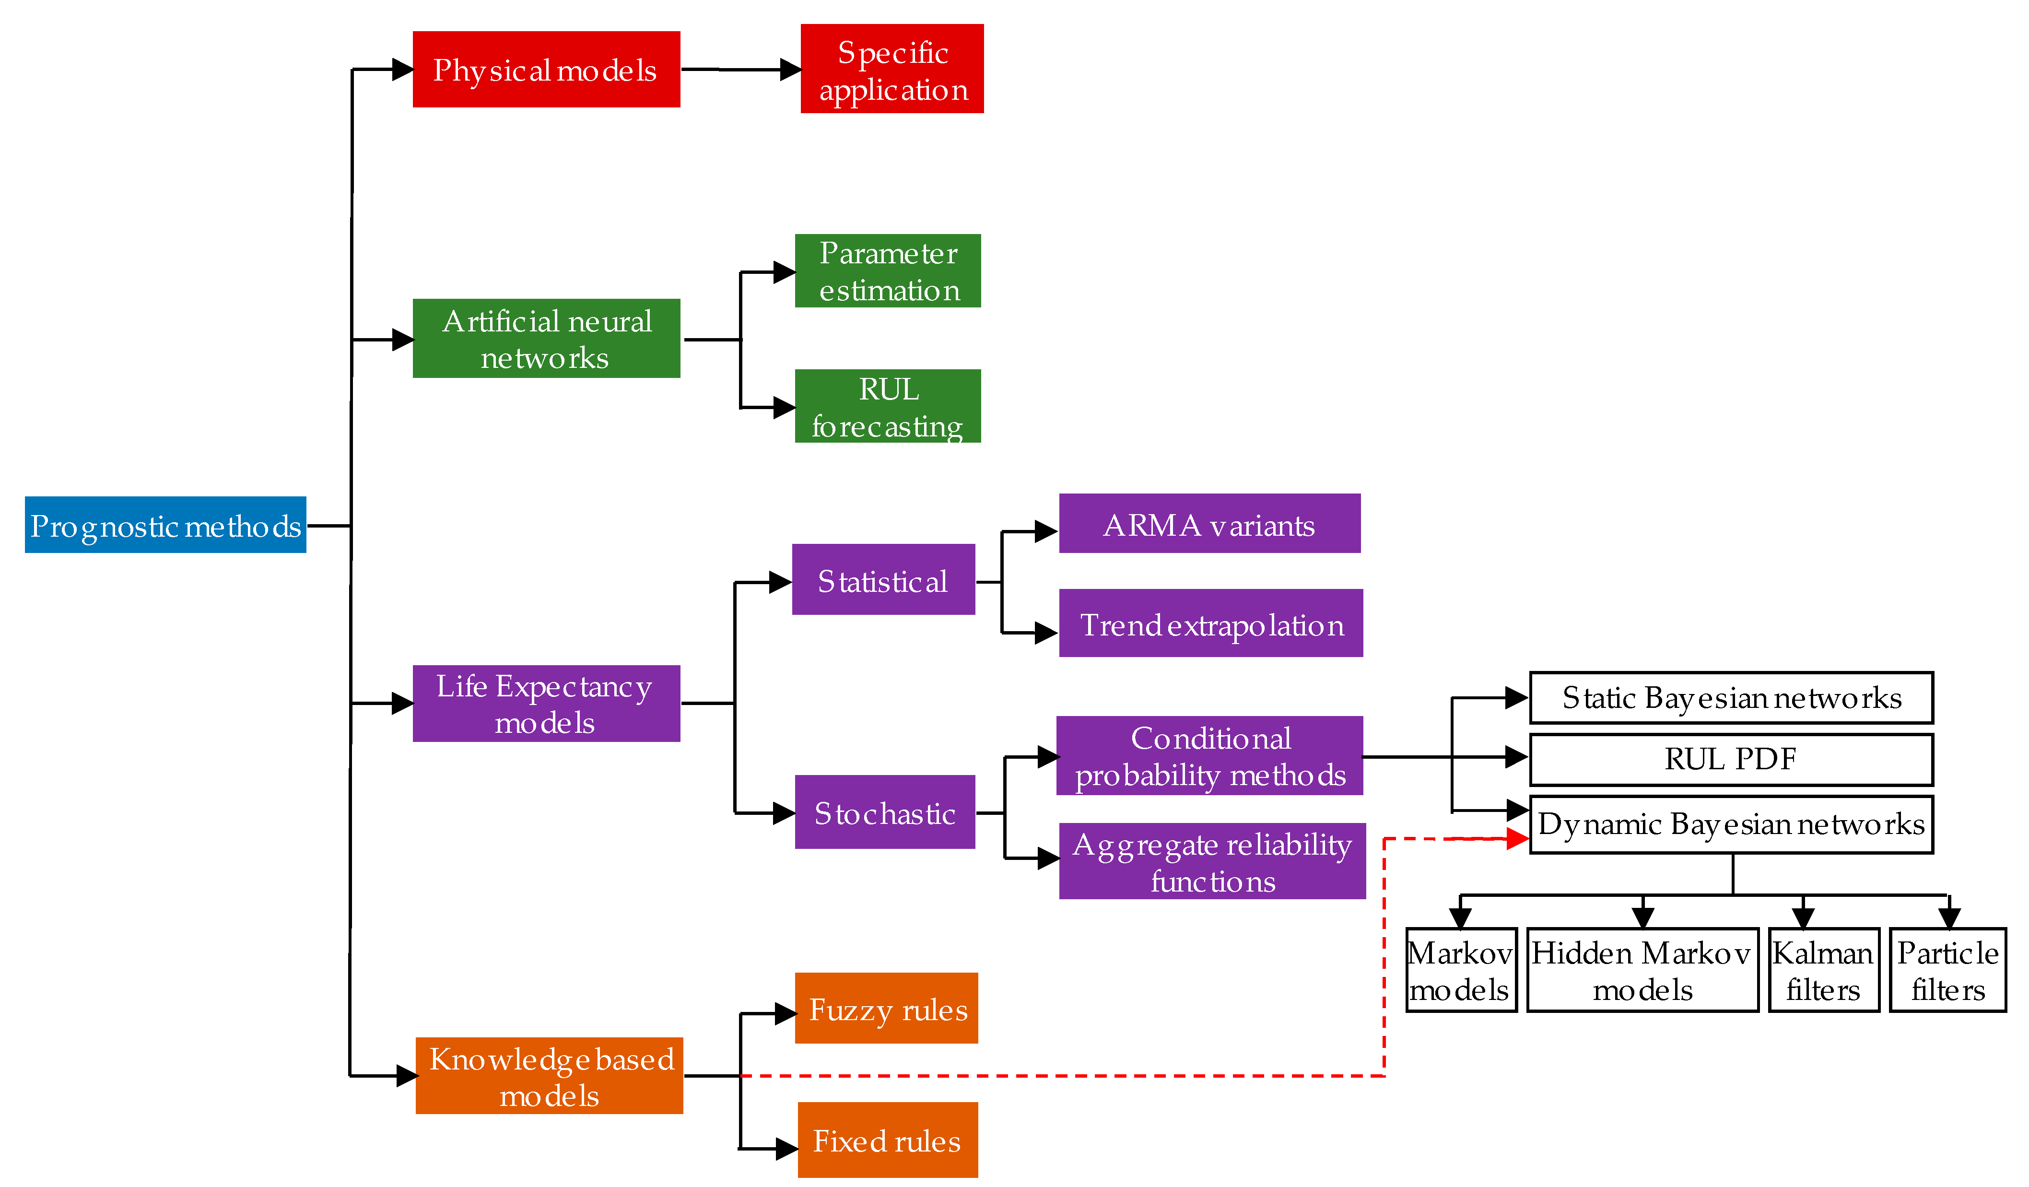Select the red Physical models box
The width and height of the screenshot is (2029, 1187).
546,69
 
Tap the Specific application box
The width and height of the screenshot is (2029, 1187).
891,69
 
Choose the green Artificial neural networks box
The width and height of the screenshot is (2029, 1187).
546,338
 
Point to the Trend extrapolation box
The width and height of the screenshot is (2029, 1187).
1210,623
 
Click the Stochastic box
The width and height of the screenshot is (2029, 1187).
884,812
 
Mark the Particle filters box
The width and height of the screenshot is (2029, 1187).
1947,970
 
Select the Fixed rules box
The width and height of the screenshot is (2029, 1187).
887,1140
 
